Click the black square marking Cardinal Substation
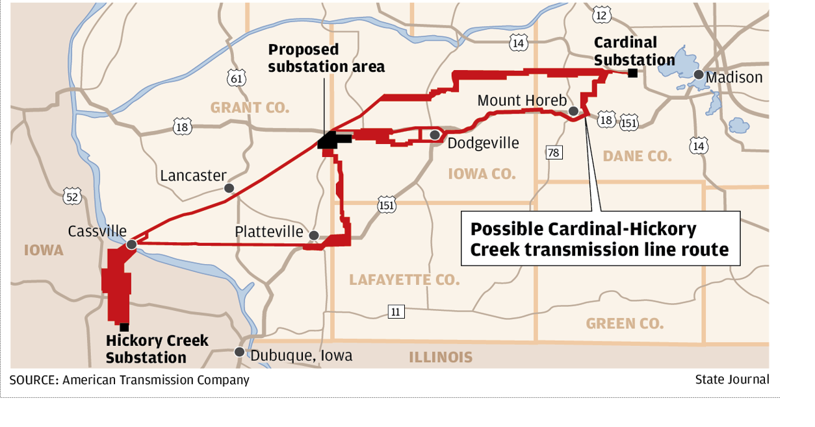tap(632, 73)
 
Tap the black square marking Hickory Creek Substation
tap(124, 327)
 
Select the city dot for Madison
tap(698, 75)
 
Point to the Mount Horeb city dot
tap(573, 112)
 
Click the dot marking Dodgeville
tap(434, 134)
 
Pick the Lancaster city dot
tap(229, 188)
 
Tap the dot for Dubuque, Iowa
tap(239, 352)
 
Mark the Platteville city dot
tap(314, 236)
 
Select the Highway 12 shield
tap(602, 15)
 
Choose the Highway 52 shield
tap(72, 196)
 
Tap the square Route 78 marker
tap(554, 152)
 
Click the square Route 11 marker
tap(396, 311)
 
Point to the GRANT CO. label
tap(250, 108)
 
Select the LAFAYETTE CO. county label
tap(404, 280)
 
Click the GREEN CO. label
tap(625, 323)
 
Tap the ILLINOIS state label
tap(441, 357)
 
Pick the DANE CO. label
tap(636, 156)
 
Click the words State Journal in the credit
tap(732, 380)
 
